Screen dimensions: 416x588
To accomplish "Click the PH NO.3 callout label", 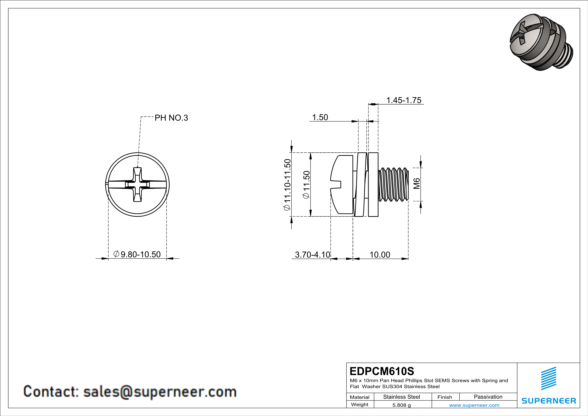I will click(x=171, y=118).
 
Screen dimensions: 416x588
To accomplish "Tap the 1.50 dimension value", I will click(x=320, y=117).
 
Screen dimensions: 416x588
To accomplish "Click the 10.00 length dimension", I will click(x=380, y=255).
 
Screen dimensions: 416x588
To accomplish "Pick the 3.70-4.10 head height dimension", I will click(x=312, y=255).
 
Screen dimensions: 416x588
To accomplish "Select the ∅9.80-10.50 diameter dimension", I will click(x=137, y=254).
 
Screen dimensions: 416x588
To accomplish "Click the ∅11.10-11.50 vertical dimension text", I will click(x=287, y=185).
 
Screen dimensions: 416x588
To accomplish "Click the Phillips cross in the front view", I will click(x=137, y=185).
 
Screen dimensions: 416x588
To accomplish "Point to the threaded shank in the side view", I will click(x=393, y=185).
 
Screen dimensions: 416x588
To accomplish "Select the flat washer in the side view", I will click(x=373, y=185).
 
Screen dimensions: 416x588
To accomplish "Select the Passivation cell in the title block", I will click(x=488, y=397).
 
